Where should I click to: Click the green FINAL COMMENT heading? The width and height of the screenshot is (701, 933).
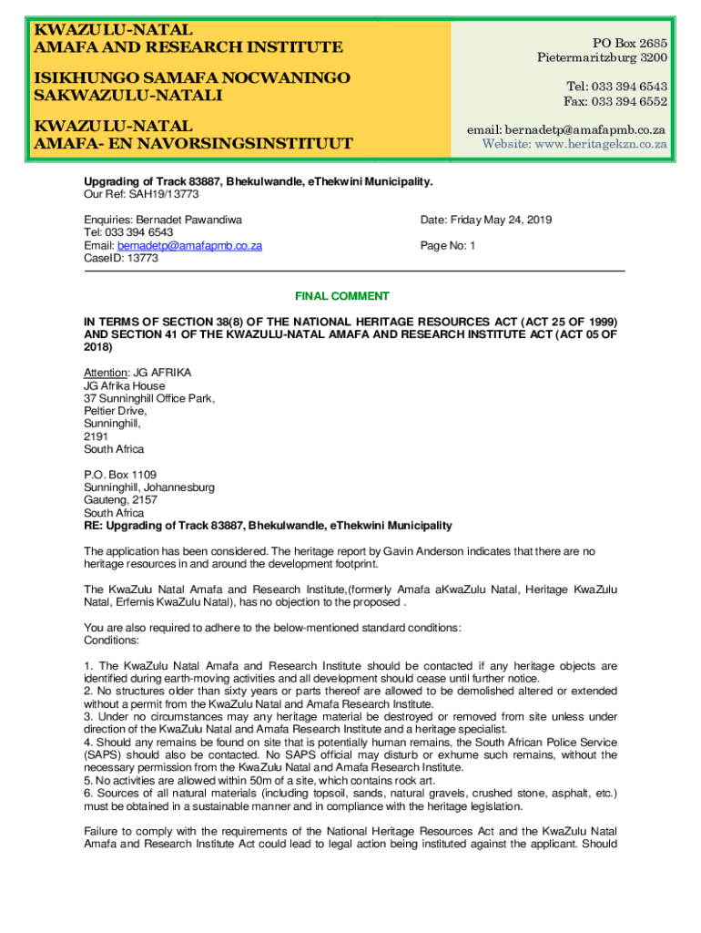341,296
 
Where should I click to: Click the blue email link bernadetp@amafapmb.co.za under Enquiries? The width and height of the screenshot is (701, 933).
190,246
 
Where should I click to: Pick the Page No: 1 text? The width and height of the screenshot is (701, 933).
448,246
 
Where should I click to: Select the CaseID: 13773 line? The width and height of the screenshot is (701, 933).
121,259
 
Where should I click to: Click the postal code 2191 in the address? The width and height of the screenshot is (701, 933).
96,436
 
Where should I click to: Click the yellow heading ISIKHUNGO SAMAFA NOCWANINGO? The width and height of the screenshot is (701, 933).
191,78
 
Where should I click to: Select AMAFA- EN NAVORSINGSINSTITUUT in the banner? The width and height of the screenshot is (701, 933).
193,143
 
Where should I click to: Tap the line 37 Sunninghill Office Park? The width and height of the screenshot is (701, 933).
149,398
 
